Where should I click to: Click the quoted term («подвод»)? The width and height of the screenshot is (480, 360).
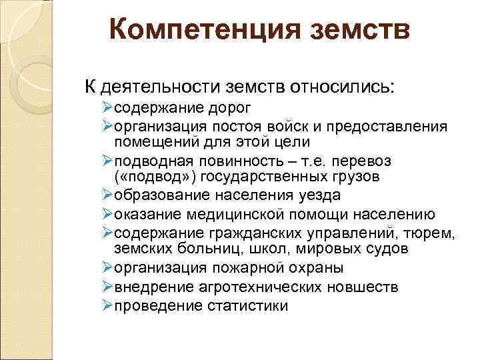click(155, 177)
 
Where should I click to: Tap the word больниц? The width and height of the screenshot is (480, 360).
click(215, 249)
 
